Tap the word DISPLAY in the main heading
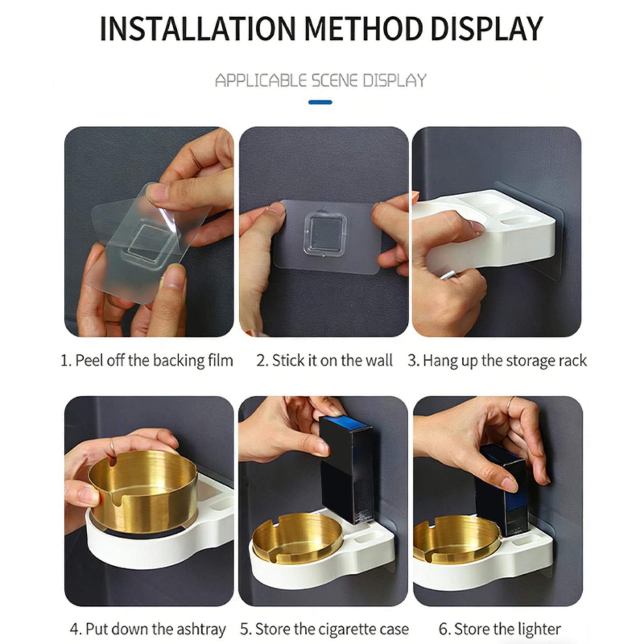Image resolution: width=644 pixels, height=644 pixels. (x=487, y=29)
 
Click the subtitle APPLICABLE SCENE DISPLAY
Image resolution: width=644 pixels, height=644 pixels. (x=321, y=80)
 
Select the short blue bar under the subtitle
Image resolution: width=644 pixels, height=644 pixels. (x=320, y=102)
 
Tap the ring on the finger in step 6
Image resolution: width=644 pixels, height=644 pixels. (x=511, y=402)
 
